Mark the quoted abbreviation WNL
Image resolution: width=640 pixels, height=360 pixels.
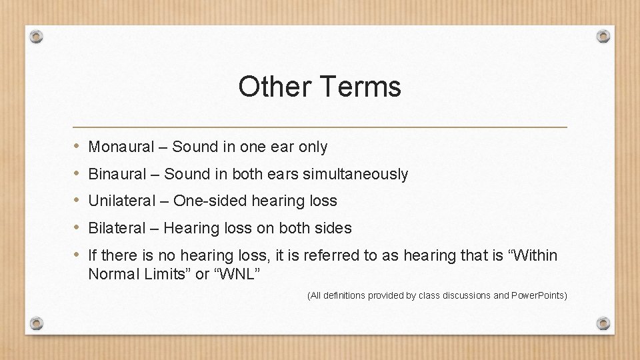coord(236,274)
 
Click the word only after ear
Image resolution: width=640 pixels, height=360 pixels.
coord(313,147)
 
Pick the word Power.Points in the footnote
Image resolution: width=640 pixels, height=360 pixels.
coord(537,295)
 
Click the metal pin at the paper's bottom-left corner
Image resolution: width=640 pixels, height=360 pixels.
coord(37,323)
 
